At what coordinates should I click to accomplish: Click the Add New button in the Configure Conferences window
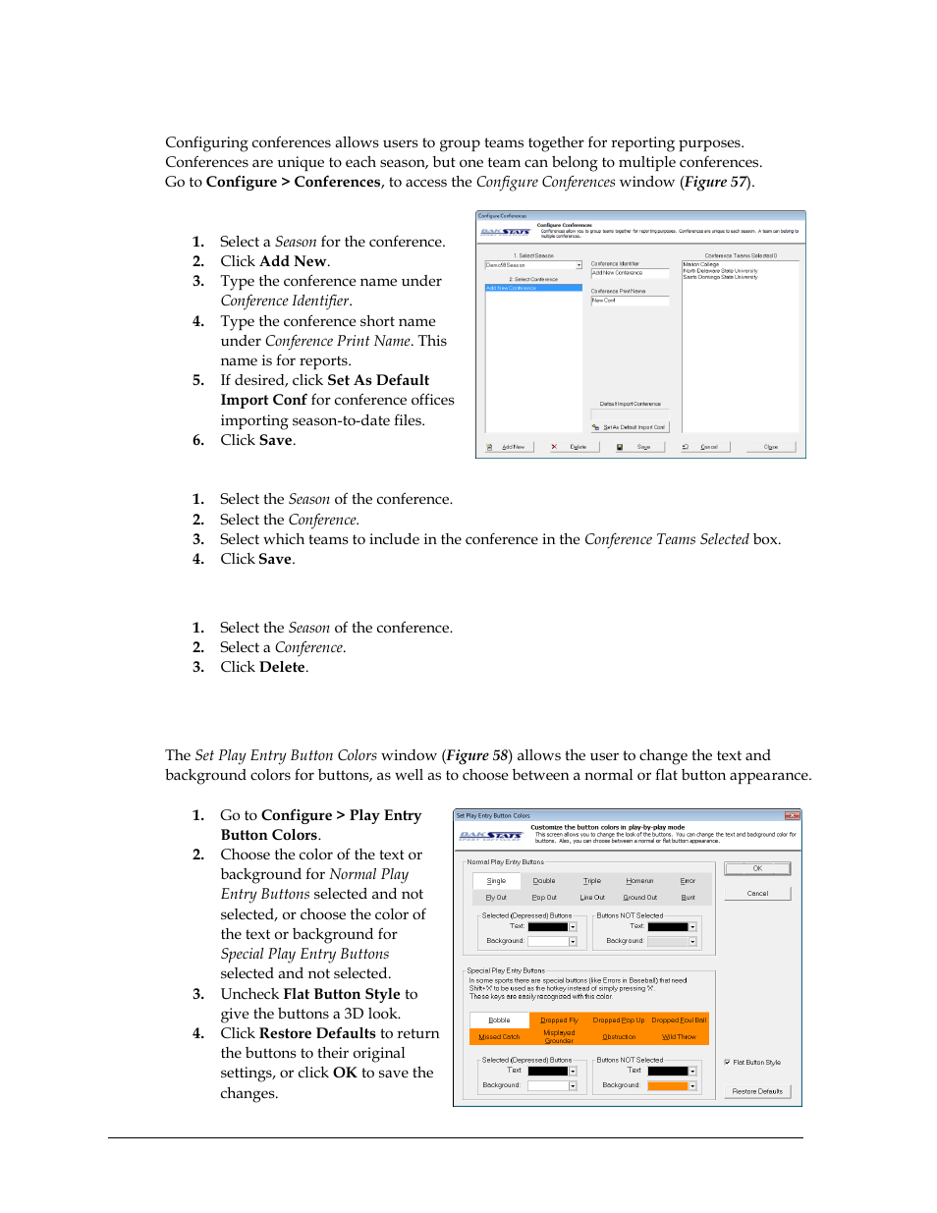pos(508,447)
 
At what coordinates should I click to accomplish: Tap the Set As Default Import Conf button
pos(630,427)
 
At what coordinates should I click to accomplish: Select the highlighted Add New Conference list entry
pos(533,288)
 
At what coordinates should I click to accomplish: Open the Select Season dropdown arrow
pos(579,265)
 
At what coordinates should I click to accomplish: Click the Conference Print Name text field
pos(630,301)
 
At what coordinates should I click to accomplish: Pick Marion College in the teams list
pos(701,264)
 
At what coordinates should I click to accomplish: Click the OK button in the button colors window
pos(757,868)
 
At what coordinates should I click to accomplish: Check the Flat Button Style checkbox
pos(727,1062)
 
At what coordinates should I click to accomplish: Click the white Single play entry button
pos(497,881)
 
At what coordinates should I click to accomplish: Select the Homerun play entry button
pos(639,881)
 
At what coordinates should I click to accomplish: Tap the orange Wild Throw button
pos(679,1037)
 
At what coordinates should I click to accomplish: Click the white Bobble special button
pos(499,1020)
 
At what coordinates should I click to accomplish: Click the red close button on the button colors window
pos(792,815)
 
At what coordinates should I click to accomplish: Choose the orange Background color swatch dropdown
pos(692,1085)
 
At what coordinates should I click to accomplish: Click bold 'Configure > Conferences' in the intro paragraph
pos(293,182)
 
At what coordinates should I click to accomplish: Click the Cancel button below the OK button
pos(757,894)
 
